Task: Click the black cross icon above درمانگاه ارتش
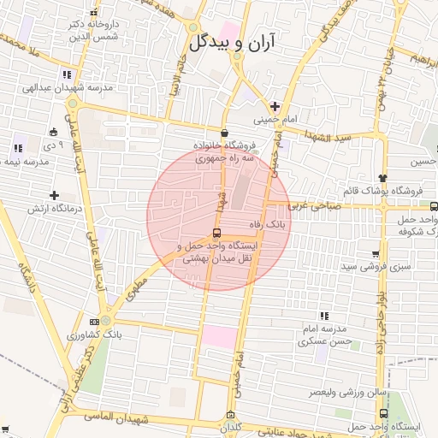[x=55, y=195]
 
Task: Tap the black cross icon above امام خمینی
[x=274, y=104]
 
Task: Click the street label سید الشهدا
[x=330, y=138]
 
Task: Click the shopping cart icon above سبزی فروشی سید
[x=376, y=253]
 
